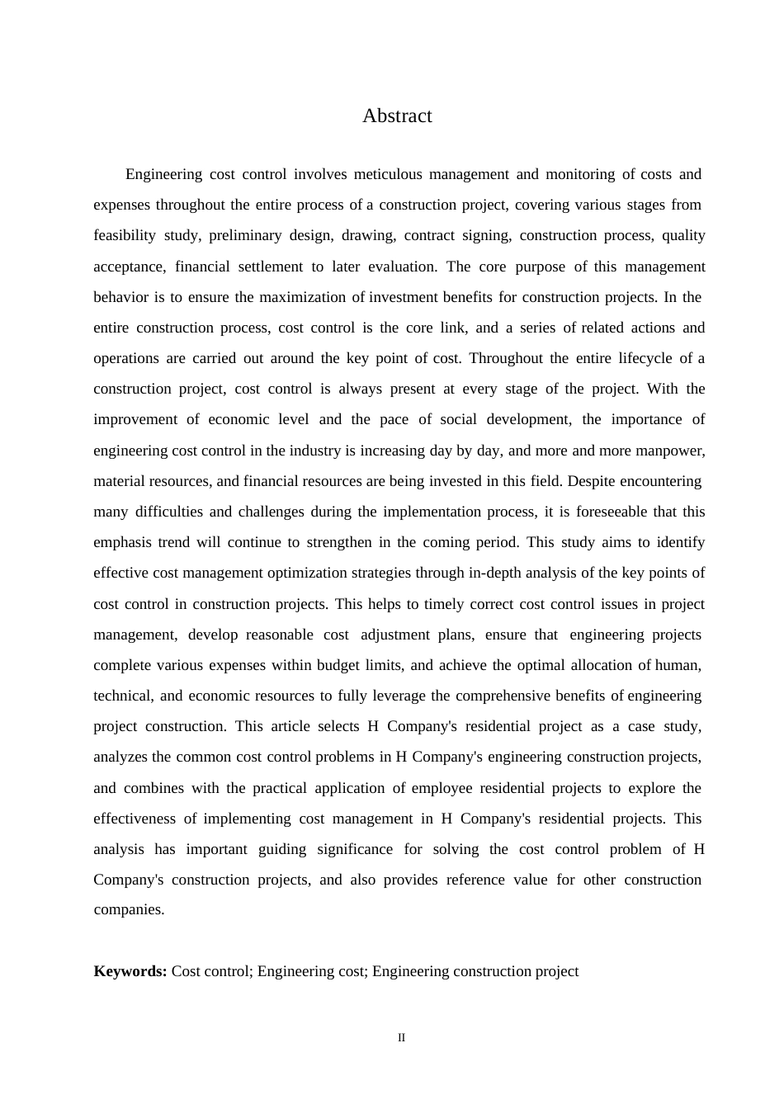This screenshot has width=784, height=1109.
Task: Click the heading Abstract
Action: [397, 116]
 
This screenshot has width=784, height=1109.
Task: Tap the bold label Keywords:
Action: [130, 971]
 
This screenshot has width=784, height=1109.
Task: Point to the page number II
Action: [401, 1038]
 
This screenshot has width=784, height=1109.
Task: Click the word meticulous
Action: [390, 174]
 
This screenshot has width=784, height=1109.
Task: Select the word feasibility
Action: [125, 235]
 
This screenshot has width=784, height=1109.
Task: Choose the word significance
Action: [355, 849]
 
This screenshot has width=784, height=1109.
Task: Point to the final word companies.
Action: [129, 910]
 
